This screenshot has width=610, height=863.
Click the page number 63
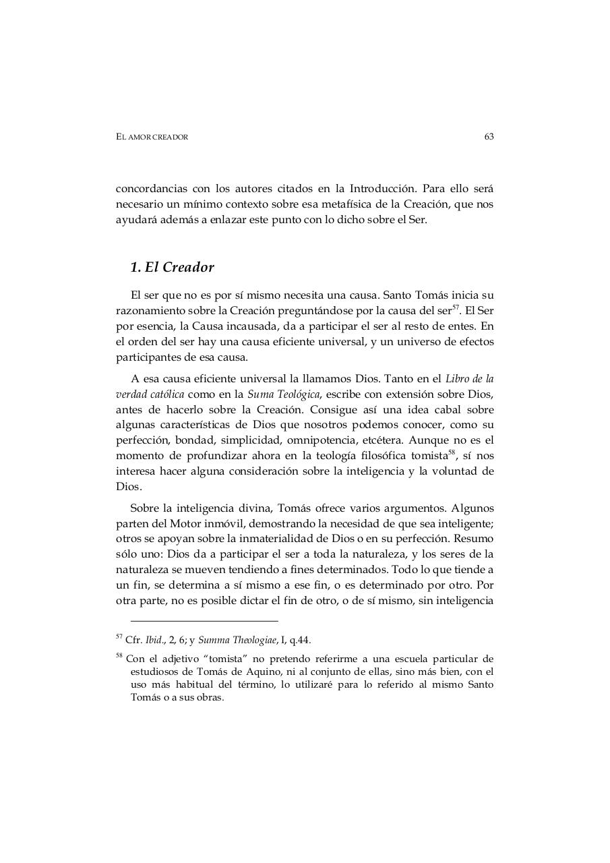pyautogui.click(x=489, y=137)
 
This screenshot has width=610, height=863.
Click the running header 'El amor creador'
pyautogui.click(x=152, y=138)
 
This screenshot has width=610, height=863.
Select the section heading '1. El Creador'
pyautogui.click(x=172, y=268)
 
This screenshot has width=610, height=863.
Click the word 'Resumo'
pyautogui.click(x=475, y=539)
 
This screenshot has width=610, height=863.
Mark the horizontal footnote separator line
pyautogui.click(x=204, y=620)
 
